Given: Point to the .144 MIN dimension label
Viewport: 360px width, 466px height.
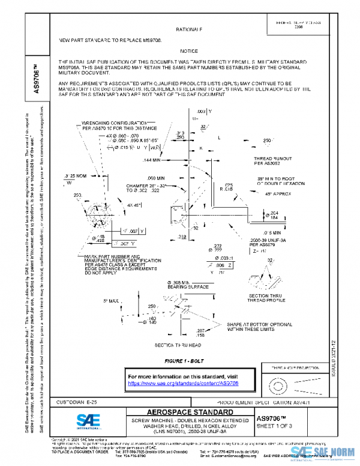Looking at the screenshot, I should (x=153, y=161).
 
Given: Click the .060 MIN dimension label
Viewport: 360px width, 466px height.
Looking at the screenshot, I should (x=155, y=178).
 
